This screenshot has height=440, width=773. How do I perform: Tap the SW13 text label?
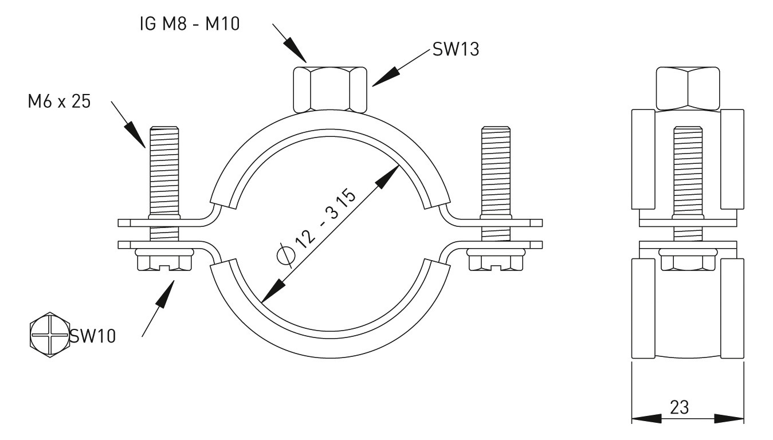tap(456, 50)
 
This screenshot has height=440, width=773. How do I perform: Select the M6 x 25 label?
tap(59, 102)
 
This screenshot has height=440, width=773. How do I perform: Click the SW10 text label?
tap(92, 336)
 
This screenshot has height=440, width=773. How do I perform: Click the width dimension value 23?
tap(679, 407)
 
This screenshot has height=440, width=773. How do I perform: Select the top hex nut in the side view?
tap(687, 88)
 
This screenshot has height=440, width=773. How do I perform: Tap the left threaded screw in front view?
tap(164, 172)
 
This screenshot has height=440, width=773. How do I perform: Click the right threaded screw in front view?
tap(496, 172)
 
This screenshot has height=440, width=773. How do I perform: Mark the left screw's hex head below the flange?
tap(164, 262)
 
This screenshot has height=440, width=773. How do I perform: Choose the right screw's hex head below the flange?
tap(496, 262)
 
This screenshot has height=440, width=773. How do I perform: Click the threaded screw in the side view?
tap(687, 172)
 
